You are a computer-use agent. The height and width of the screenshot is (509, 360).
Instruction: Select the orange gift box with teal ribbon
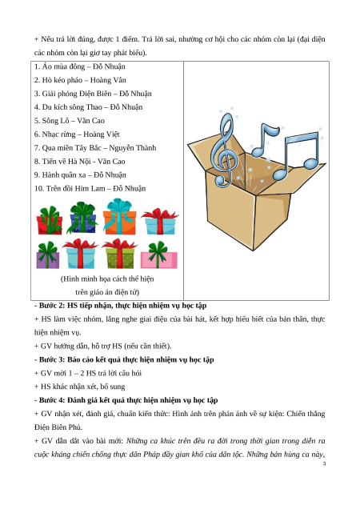(x=119, y=217)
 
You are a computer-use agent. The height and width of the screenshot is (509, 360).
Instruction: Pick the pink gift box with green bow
(x=158, y=255)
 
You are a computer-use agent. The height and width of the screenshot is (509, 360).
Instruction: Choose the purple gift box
(x=48, y=255)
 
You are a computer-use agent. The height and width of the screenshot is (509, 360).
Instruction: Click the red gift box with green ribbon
(x=50, y=220)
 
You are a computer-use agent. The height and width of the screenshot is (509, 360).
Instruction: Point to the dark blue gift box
(x=82, y=218)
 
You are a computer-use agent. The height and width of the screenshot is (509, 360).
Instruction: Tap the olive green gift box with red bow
(x=119, y=254)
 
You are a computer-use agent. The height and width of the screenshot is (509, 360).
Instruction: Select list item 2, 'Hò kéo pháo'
(x=80, y=80)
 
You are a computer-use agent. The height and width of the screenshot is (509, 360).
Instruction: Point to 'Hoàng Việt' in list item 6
(x=102, y=134)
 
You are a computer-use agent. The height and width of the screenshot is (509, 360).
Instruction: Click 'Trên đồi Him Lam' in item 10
(x=75, y=189)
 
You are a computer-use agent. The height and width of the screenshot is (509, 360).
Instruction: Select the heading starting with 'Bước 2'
(x=121, y=306)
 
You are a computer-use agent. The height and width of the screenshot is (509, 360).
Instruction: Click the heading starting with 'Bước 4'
(x=126, y=400)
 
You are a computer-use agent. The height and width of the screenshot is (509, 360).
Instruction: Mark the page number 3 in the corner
(x=324, y=463)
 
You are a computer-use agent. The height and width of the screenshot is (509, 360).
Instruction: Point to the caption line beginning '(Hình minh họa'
(x=107, y=279)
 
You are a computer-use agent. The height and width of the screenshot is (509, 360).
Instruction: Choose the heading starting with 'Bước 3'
(x=124, y=359)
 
